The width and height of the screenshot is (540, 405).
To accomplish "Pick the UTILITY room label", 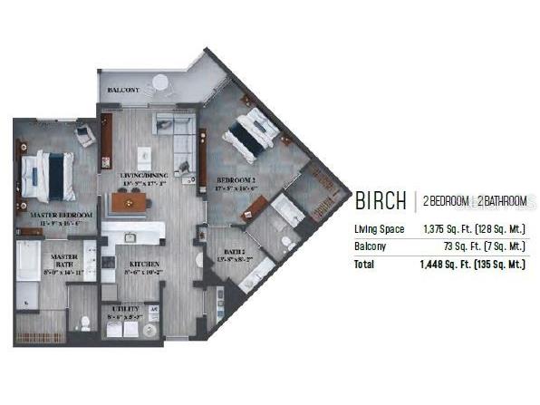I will [126, 310].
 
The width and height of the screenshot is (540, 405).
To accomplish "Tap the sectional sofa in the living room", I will [178, 137].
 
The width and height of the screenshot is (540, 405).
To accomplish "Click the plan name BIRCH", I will [380, 200].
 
